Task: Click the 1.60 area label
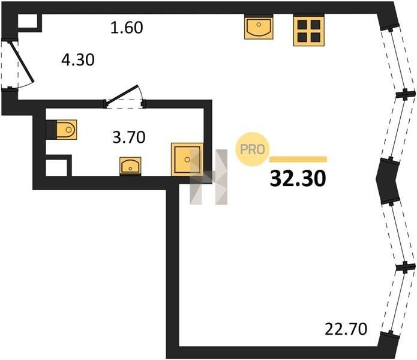pyautogui.click(x=127, y=28)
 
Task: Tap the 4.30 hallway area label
pyautogui.click(x=78, y=60)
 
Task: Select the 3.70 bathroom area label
pyautogui.click(x=129, y=137)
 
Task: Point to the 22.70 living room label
pyautogui.click(x=346, y=329)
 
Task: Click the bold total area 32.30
pyautogui.click(x=298, y=178)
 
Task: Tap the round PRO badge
pyautogui.click(x=253, y=149)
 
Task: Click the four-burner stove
pyautogui.click(x=309, y=31)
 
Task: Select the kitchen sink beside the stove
pyautogui.click(x=259, y=27)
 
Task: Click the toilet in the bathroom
pyautogui.click(x=67, y=130)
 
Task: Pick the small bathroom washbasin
pyautogui.click(x=130, y=166)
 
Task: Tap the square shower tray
pyautogui.click(x=187, y=159)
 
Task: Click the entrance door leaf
pyautogui.click(x=22, y=62)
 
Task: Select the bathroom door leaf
pyautogui.click(x=122, y=94)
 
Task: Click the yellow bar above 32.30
pyautogui.click(x=298, y=159)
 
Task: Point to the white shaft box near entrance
pyautogui.click(x=28, y=21)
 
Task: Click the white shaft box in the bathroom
pyautogui.click(x=56, y=167)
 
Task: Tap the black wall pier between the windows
pyautogui.click(x=388, y=181)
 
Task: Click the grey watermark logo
pyautogui.click(x=209, y=177)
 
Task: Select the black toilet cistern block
pyautogui.click(x=52, y=130)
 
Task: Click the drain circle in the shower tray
pyautogui.click(x=187, y=159)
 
